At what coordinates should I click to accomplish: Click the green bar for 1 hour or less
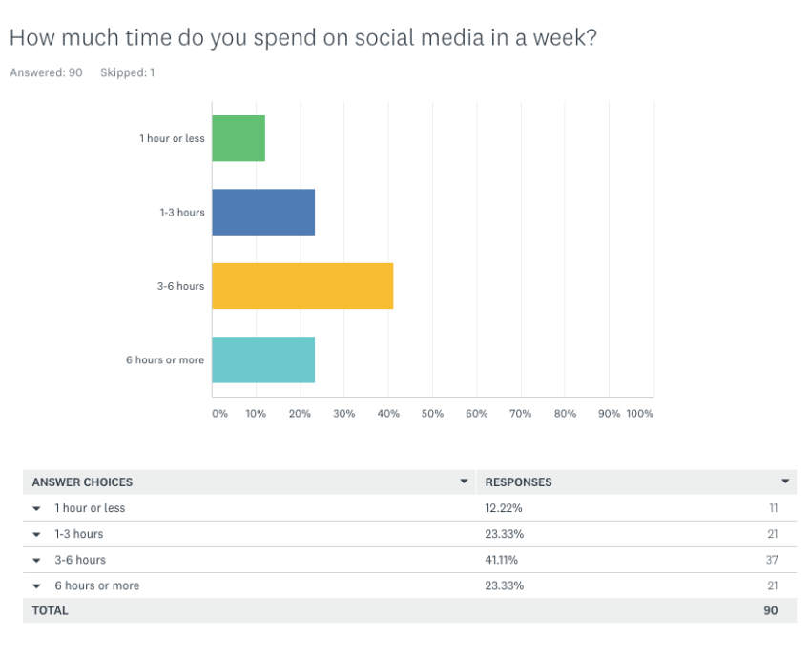click(238, 138)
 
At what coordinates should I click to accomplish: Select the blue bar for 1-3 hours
click(262, 212)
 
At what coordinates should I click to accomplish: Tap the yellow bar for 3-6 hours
click(301, 286)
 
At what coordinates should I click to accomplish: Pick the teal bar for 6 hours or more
click(262, 359)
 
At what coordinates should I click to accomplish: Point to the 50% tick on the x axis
click(432, 414)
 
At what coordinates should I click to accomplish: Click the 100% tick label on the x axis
click(639, 414)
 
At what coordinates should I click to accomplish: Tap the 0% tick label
click(219, 414)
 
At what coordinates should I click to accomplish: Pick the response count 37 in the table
click(772, 560)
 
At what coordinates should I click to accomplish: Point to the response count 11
click(773, 508)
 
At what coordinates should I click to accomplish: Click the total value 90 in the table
click(770, 610)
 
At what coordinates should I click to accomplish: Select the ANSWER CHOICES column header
click(82, 482)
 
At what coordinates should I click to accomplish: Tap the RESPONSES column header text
click(518, 482)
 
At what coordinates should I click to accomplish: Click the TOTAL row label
click(50, 610)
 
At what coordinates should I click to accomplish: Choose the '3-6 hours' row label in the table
click(80, 560)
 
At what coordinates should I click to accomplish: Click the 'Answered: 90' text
click(46, 72)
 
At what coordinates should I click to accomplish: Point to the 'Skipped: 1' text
click(127, 72)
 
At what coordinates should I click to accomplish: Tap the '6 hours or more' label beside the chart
click(164, 360)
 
